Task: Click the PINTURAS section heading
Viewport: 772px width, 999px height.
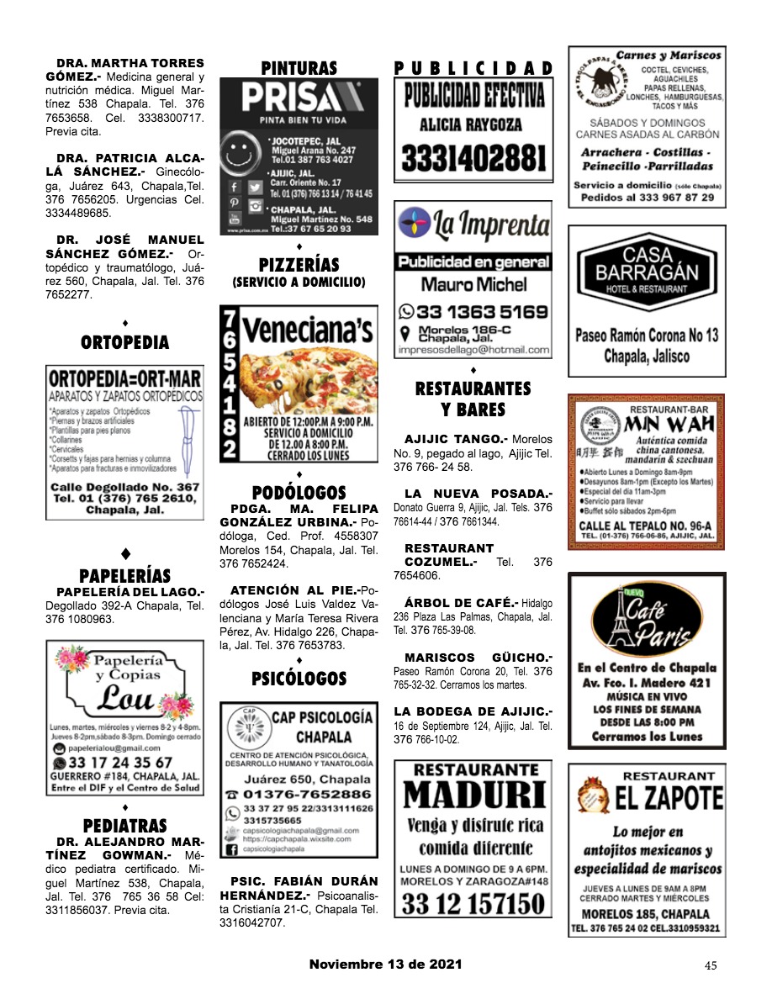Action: point(299,68)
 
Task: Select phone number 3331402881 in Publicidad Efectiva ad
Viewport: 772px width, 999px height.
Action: point(473,158)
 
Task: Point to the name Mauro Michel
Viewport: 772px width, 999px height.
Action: point(473,284)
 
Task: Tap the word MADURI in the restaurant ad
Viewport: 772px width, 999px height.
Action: point(473,795)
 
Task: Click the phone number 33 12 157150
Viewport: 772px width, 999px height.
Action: point(473,903)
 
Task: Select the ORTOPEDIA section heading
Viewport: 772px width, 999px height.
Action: point(124,342)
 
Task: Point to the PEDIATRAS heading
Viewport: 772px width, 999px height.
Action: point(124,825)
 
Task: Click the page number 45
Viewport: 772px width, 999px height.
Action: point(711,965)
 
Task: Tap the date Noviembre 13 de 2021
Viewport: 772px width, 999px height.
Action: point(385,965)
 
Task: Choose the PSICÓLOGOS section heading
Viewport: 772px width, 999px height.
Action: point(299,678)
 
